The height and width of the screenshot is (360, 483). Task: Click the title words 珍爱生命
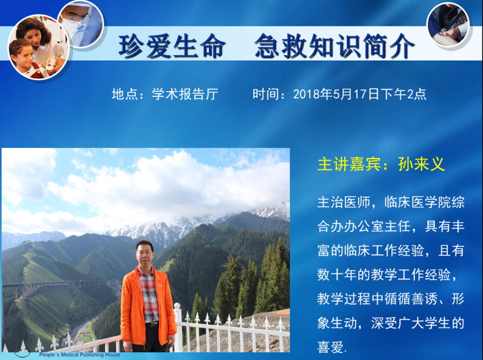click(x=172, y=46)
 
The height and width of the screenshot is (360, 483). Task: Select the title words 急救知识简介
click(x=335, y=46)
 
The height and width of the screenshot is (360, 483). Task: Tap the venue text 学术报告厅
click(x=185, y=94)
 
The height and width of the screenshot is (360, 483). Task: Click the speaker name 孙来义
click(x=421, y=164)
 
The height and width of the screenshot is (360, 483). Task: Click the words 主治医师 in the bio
click(x=343, y=203)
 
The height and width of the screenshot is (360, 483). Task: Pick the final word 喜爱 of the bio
click(x=330, y=347)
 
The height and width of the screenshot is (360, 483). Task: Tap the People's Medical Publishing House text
click(x=80, y=355)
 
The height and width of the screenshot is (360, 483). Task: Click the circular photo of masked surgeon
click(x=81, y=24)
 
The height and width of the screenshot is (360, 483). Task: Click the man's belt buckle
click(x=154, y=324)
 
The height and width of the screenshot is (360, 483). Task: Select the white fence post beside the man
click(x=178, y=327)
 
